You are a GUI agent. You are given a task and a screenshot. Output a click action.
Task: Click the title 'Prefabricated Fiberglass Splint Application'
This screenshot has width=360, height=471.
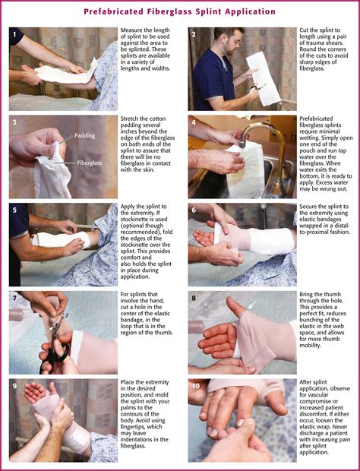click(x=180, y=11)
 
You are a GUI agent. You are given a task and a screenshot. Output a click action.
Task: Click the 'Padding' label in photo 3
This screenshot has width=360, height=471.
click(x=85, y=137)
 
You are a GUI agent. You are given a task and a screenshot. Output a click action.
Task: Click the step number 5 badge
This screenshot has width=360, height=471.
click(x=15, y=210)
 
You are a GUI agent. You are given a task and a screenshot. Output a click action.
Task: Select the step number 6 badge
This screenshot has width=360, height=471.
click(x=194, y=210)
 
